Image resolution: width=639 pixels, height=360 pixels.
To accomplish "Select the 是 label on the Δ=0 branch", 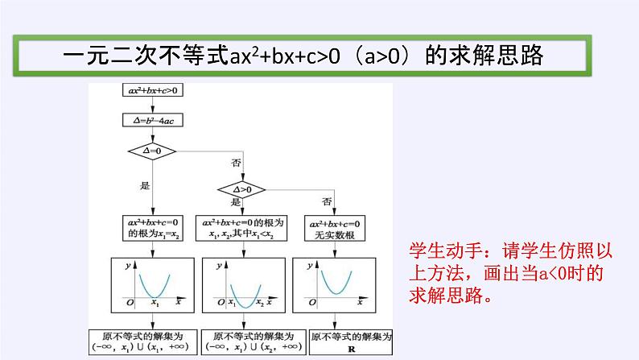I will point(145,185).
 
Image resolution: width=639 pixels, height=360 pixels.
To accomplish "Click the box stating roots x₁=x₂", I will point(151,228).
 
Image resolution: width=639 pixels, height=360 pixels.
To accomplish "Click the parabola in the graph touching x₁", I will point(154,283).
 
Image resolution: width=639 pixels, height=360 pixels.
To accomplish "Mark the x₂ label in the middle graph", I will point(259,304).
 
